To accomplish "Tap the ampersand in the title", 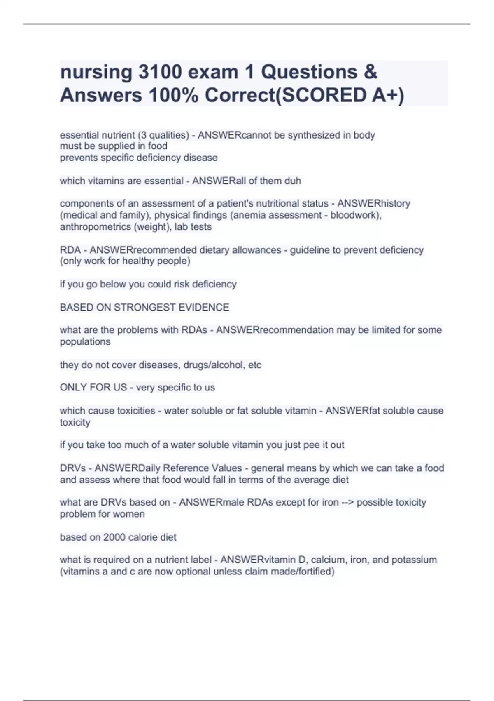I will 370,72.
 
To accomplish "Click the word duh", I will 293,181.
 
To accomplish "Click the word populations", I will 85,342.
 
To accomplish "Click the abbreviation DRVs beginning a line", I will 73,468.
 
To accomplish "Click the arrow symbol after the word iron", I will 347,503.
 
